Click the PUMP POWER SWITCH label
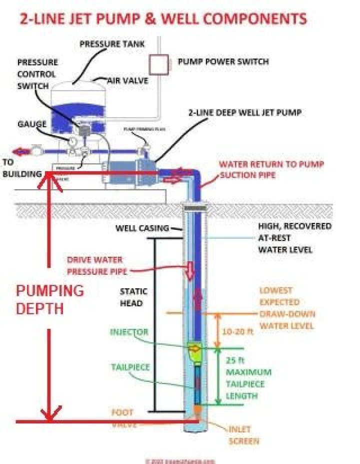[x=223, y=62]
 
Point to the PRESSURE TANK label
[x=112, y=44]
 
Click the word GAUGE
[x=32, y=124]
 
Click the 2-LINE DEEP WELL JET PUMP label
[x=244, y=113]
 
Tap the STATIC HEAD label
[x=131, y=297]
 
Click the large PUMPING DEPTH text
[x=49, y=299]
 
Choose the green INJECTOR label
[x=129, y=332]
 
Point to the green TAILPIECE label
[x=130, y=367]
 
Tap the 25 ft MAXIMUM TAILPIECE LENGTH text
[x=248, y=384]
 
